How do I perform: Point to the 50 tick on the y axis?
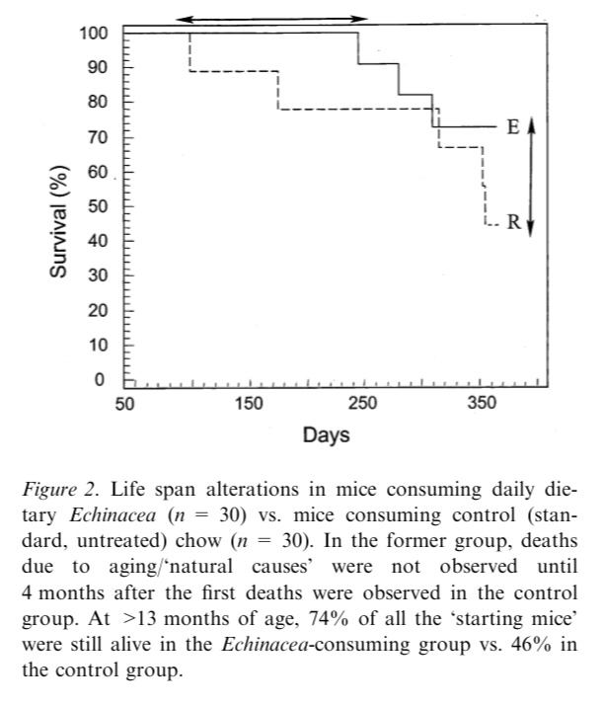97,206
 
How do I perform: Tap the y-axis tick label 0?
100,380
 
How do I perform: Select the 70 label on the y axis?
97,137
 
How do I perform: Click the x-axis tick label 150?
249,403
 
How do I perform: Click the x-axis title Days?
326,435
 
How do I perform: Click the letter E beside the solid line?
512,127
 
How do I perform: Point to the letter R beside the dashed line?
512,222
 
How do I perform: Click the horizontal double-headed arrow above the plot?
273,18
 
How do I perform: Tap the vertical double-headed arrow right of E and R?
530,175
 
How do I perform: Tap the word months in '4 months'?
72,593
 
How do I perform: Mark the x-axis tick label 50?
124,403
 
